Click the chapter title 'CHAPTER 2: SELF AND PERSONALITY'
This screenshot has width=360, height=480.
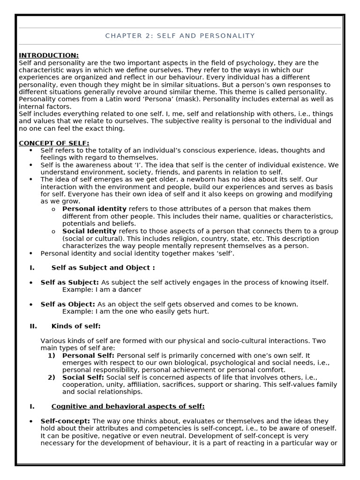click(180, 36)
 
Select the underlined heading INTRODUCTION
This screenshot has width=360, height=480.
click(49, 55)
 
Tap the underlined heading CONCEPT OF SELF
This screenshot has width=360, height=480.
click(54, 143)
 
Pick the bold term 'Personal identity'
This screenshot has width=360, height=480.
click(94, 209)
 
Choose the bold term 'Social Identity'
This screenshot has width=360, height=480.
click(89, 231)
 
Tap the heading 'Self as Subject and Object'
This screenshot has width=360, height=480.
click(103, 268)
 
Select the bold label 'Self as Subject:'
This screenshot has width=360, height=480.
click(69, 282)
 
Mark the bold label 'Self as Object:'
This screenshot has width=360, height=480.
click(67, 304)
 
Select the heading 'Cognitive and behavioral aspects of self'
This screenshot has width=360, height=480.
click(128, 406)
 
